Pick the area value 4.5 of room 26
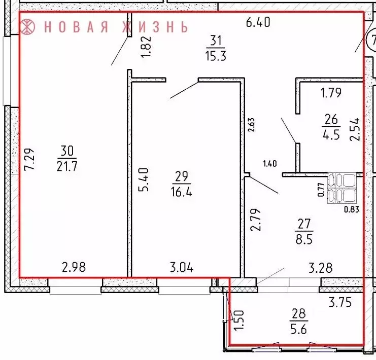click(331, 135)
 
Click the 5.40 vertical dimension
click(144, 179)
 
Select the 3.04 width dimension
click(181, 267)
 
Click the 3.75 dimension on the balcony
click(339, 303)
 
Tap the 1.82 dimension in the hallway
click(146, 48)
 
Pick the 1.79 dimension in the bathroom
click(330, 93)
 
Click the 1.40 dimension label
click(270, 163)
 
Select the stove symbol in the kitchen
click(344, 188)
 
